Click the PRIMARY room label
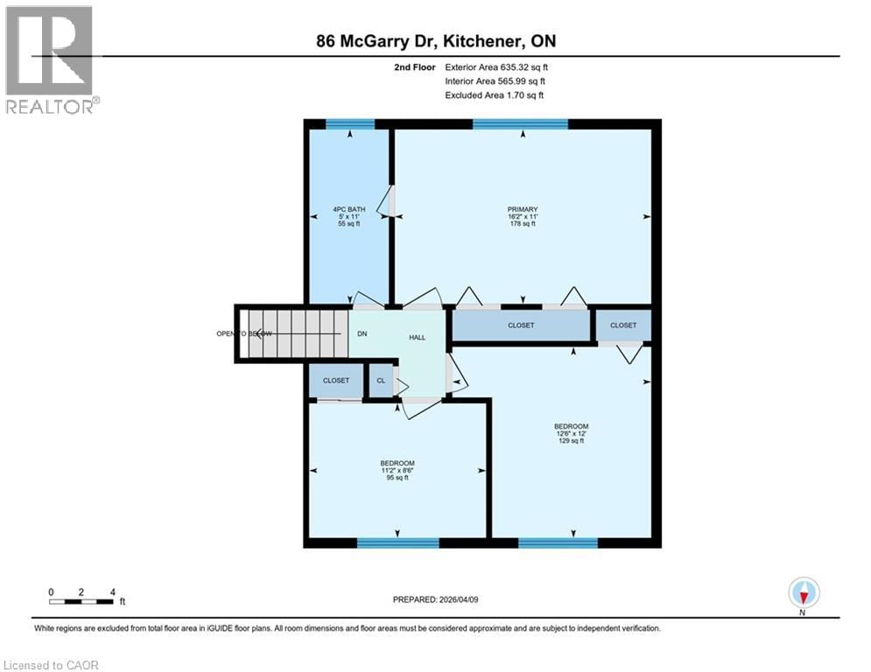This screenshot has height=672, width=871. pyautogui.click(x=522, y=216)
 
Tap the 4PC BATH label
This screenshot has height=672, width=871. pyautogui.click(x=349, y=216)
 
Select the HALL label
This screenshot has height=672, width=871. pyautogui.click(x=417, y=337)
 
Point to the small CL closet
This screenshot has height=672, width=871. pyautogui.click(x=381, y=381)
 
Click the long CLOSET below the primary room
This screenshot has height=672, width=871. pyautogui.click(x=522, y=325)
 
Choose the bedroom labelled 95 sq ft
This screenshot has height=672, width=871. pyautogui.click(x=397, y=470)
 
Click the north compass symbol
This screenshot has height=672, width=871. pyautogui.click(x=803, y=593)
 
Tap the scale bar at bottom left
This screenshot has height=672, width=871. pyautogui.click(x=81, y=601)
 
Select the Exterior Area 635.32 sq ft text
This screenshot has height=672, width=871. pyautogui.click(x=496, y=66)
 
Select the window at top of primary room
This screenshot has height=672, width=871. pyautogui.click(x=520, y=123)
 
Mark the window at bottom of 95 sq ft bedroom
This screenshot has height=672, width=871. pyautogui.click(x=397, y=543)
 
